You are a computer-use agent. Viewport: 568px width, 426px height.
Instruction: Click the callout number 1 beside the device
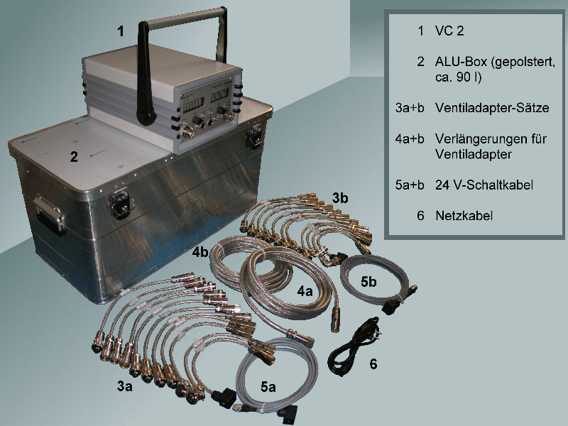tap(120, 31)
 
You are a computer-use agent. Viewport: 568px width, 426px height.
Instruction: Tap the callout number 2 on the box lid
tap(74, 156)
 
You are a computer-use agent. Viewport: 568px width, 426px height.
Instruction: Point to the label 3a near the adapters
tap(125, 386)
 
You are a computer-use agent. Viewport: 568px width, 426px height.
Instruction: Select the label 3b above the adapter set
tap(340, 198)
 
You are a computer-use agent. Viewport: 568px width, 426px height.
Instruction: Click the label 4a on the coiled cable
tap(305, 290)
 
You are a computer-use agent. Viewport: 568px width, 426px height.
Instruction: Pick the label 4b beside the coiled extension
tap(200, 252)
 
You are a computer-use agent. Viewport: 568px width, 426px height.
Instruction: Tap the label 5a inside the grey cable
tap(268, 387)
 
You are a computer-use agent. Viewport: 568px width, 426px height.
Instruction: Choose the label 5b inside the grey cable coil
tap(368, 281)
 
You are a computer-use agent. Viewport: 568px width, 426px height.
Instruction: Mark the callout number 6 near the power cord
tap(373, 364)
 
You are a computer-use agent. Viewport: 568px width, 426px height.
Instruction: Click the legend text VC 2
tap(449, 31)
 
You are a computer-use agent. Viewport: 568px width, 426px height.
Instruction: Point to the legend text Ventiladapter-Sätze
tap(492, 108)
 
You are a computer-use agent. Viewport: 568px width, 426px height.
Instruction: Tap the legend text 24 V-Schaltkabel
tap(484, 185)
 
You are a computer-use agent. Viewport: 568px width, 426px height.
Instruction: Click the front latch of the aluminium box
tap(121, 204)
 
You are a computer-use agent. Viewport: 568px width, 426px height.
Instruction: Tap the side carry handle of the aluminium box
tap(50, 214)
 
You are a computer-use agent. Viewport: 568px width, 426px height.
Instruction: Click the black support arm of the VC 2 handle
tap(145, 76)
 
